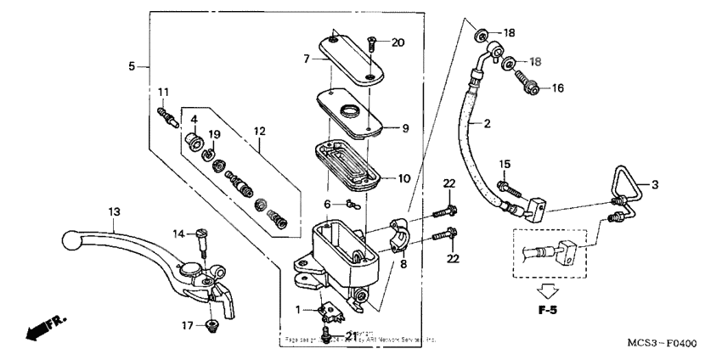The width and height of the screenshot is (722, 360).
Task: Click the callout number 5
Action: [x=132, y=65]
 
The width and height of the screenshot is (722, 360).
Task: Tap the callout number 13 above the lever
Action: [x=114, y=211]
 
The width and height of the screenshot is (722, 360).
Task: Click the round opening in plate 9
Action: [x=351, y=111]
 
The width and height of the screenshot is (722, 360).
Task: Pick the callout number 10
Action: [x=404, y=177]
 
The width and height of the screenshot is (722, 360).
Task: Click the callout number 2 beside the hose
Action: [x=488, y=124]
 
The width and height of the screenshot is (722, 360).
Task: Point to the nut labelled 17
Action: [x=210, y=324]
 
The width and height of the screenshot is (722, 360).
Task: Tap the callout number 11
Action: [x=163, y=92]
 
